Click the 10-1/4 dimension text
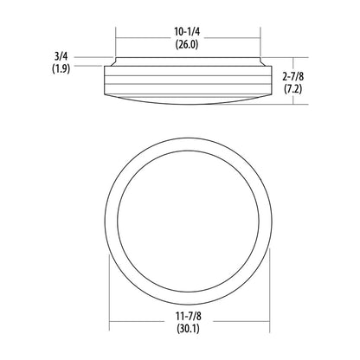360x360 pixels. click(187, 32)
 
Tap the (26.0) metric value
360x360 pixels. click(187, 44)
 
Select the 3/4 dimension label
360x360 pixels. click(61, 55)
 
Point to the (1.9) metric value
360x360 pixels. click(61, 68)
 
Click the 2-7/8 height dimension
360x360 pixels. click(292, 76)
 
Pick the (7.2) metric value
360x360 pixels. click(292, 89)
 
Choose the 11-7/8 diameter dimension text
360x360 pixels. click(189, 316)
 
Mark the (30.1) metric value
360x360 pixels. click(189, 329)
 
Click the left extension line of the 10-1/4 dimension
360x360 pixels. click(116, 42)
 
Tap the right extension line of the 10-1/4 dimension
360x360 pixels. click(260, 42)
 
